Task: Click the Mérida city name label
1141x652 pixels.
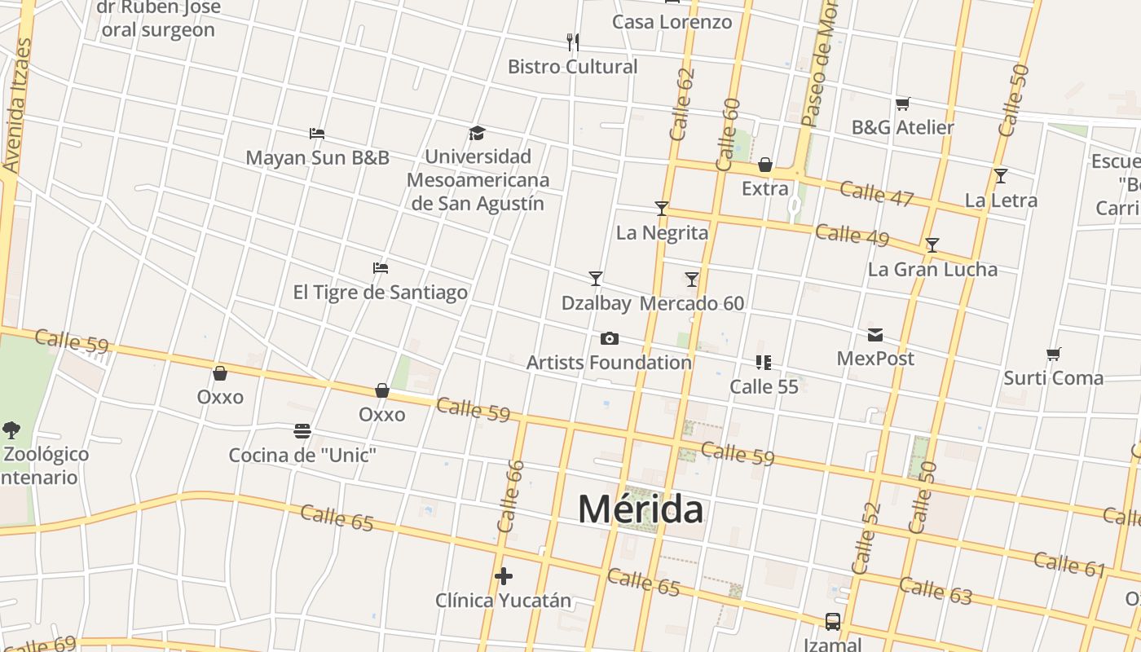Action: (640, 509)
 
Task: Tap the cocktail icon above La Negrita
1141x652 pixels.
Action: (661, 209)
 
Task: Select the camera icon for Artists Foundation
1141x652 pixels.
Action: (609, 338)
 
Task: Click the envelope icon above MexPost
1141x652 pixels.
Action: (874, 334)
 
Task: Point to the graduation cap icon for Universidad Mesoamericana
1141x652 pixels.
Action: (477, 133)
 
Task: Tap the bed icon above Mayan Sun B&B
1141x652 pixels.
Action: (317, 133)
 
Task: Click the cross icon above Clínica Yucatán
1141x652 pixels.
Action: (504, 576)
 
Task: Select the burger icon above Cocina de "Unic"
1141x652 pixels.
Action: (302, 430)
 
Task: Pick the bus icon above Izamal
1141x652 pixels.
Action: (832, 622)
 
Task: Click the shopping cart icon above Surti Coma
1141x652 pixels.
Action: (1053, 354)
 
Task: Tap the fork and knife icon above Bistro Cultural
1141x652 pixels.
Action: (573, 42)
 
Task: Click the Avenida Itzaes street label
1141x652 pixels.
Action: (18, 106)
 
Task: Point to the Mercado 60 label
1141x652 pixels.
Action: (692, 303)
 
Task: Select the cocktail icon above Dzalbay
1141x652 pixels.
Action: (596, 279)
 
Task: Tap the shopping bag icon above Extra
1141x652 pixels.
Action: (764, 165)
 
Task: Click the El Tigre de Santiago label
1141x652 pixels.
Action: (381, 292)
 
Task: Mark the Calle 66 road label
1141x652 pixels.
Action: (510, 497)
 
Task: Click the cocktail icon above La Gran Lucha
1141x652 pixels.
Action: (932, 244)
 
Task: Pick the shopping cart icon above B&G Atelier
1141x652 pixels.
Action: (902, 104)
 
